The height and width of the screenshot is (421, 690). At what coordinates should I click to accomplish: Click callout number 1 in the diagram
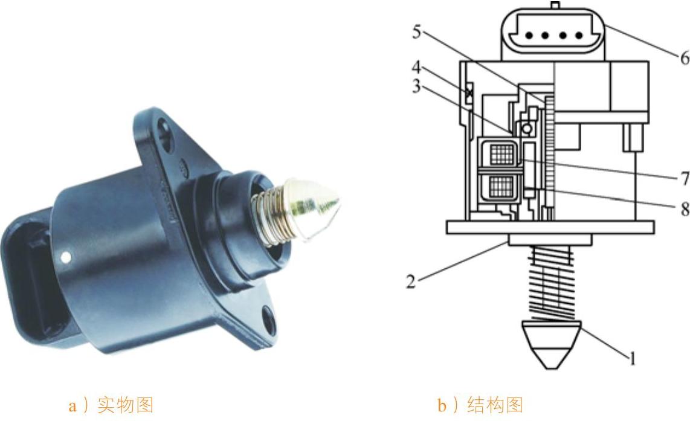633,359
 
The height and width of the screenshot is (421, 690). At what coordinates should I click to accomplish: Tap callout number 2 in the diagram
411,281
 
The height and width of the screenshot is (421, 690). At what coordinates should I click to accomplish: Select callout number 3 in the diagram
416,86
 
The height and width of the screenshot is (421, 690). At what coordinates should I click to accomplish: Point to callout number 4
416,67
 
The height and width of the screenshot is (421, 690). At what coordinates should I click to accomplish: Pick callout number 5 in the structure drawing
417,31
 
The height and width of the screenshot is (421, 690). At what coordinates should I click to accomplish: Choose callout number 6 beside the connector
685,57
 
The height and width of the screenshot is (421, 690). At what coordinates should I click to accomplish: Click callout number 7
685,179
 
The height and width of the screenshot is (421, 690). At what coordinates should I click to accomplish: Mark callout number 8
685,209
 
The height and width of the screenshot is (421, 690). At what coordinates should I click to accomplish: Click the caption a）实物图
111,405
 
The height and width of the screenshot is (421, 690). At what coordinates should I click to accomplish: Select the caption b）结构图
480,405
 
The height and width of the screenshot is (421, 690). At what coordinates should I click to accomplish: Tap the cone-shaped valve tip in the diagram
552,345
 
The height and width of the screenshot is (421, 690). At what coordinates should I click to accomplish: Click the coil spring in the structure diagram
552,283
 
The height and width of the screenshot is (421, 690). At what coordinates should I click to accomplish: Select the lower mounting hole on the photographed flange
269,320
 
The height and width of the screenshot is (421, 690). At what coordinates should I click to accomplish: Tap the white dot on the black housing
66,257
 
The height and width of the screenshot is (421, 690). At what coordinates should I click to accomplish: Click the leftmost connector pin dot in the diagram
529,36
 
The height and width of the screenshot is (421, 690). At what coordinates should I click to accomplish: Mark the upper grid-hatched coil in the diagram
501,155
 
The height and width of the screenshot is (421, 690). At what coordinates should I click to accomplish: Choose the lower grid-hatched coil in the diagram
501,187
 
